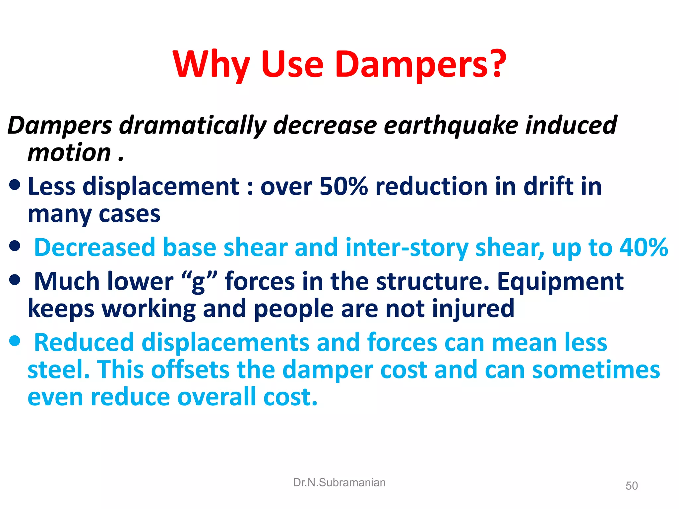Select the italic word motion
point(69,153)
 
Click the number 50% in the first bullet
point(343,186)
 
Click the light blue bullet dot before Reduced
point(15,341)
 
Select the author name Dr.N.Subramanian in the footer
point(339,482)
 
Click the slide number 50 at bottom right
point(631,486)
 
